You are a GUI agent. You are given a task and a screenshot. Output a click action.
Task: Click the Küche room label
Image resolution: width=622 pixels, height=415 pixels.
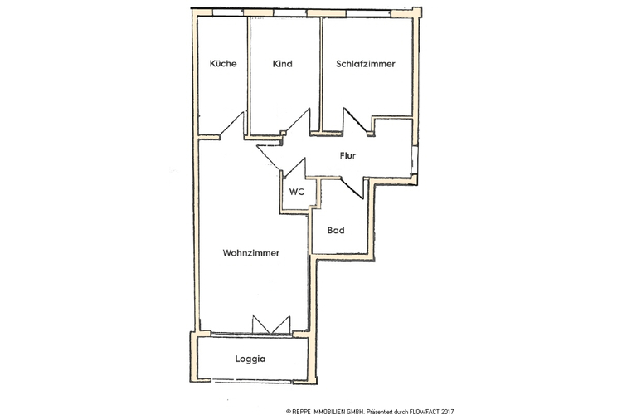(x=223, y=64)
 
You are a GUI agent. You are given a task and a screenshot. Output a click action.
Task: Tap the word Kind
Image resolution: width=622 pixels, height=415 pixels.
(x=282, y=64)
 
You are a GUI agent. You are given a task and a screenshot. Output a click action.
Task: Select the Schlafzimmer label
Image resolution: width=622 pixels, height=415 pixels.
(x=365, y=64)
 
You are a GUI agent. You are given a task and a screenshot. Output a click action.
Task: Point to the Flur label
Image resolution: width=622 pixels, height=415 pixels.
(x=348, y=155)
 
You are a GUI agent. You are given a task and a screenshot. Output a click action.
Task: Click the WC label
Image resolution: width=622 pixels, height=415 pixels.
(x=296, y=191)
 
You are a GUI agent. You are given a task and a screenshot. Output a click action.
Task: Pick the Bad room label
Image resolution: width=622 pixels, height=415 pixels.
(x=336, y=231)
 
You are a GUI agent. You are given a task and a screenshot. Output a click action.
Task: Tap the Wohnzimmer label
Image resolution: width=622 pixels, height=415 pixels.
(x=250, y=253)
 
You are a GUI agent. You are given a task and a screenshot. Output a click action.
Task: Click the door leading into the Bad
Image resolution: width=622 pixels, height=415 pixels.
(x=352, y=187)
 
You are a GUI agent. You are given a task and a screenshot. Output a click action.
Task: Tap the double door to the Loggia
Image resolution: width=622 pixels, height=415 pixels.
(x=271, y=325)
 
